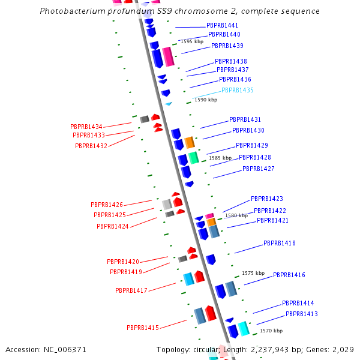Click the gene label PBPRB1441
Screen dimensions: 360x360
tap(222, 25)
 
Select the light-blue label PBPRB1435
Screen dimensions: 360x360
tap(238, 90)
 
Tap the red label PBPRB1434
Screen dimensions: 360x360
tap(86, 127)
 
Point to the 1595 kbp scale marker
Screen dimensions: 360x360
tap(192, 41)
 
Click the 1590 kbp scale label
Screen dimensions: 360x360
tap(206, 100)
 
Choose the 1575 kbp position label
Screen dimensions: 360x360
tap(253, 273)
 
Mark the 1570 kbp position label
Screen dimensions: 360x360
tap(271, 331)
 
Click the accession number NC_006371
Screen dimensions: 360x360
tap(65, 350)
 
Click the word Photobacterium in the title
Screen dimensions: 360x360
tap(73, 11)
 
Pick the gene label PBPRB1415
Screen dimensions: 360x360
tap(143, 328)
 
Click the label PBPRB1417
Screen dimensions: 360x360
tap(131, 290)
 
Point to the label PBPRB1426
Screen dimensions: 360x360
tap(107, 205)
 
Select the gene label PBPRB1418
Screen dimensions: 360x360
tap(280, 243)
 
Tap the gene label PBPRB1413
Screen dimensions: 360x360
tap(302, 314)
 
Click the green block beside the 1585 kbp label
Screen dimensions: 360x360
tap(194, 158)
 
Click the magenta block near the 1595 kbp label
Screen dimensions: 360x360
tap(168, 57)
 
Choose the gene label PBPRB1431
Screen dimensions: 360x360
tap(245, 119)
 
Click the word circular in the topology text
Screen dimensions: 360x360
tap(205, 350)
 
